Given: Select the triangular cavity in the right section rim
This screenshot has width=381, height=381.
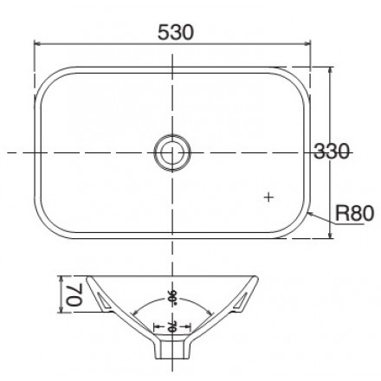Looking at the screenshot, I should point(243,300).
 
